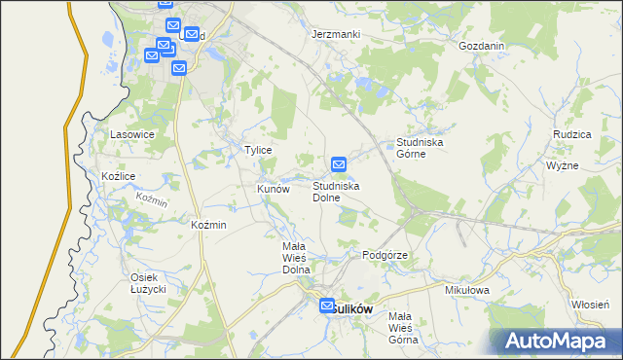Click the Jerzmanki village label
[x=336, y=34]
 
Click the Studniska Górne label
[x=421, y=148]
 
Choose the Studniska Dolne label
[x=337, y=191]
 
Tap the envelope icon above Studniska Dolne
[x=339, y=165]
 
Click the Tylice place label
[x=257, y=151]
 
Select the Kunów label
[x=274, y=190]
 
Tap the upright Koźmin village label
[x=209, y=225]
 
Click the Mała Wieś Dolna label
[x=295, y=258]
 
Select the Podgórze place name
[x=384, y=255]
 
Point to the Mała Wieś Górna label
[x=402, y=328]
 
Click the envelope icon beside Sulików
[x=327, y=305]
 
